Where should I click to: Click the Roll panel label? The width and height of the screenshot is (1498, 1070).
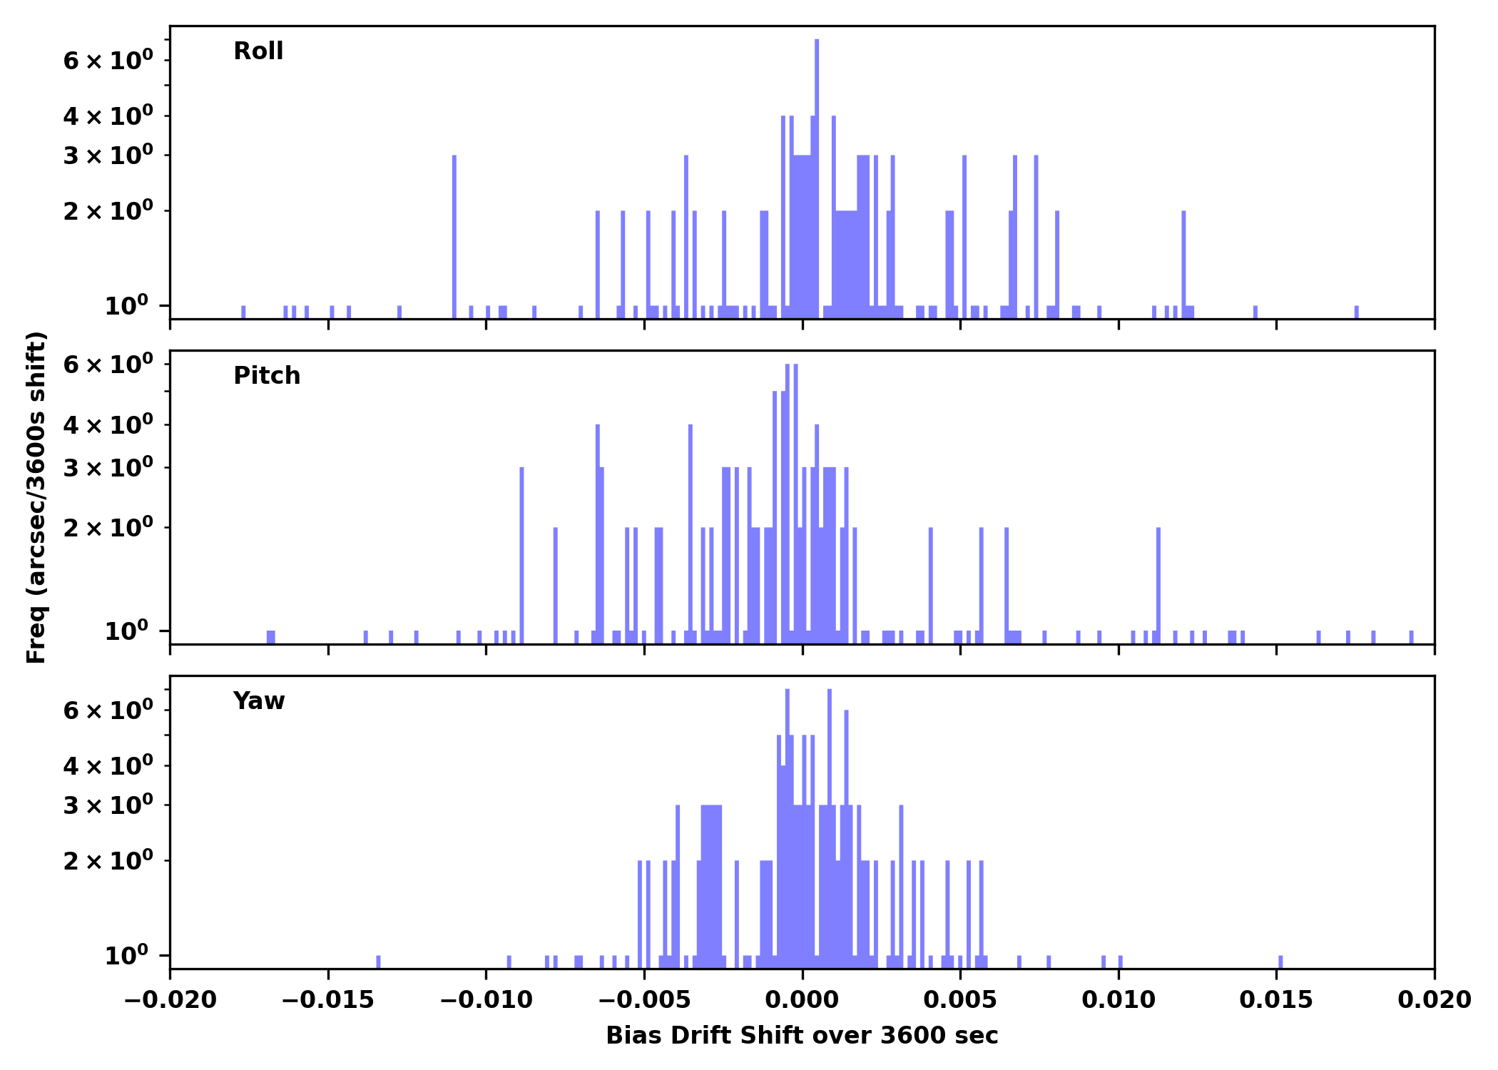pos(258,51)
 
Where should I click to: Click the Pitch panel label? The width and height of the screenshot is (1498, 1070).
pos(267,376)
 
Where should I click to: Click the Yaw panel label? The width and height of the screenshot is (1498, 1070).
pos(259,701)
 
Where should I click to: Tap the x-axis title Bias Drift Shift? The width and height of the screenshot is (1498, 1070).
pos(802,1036)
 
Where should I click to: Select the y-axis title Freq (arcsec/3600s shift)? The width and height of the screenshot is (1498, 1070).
pos(36,497)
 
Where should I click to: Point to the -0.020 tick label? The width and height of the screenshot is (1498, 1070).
pos(170,1000)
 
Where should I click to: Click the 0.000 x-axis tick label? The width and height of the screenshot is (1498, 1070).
pos(802,1000)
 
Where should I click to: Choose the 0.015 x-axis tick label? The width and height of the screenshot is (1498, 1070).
pos(1276,1000)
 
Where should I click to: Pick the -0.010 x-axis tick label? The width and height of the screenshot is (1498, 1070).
pos(486,1000)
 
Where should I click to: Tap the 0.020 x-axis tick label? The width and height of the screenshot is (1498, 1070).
pos(1434,1000)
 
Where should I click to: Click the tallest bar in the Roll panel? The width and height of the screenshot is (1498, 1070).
pos(817,178)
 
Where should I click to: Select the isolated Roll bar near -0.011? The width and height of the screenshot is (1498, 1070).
pos(454,235)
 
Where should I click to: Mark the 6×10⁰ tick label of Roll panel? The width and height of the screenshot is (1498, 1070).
pos(108,61)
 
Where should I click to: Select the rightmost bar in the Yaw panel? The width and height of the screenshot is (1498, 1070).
pos(1280,962)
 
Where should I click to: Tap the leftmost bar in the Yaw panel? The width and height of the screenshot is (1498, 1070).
pos(378,962)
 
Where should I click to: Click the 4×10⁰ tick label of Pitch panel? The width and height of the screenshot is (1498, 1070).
pos(108,426)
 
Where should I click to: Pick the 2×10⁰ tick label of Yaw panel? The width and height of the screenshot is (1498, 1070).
pos(108,862)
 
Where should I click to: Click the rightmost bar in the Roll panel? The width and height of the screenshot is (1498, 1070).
pos(1357,312)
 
